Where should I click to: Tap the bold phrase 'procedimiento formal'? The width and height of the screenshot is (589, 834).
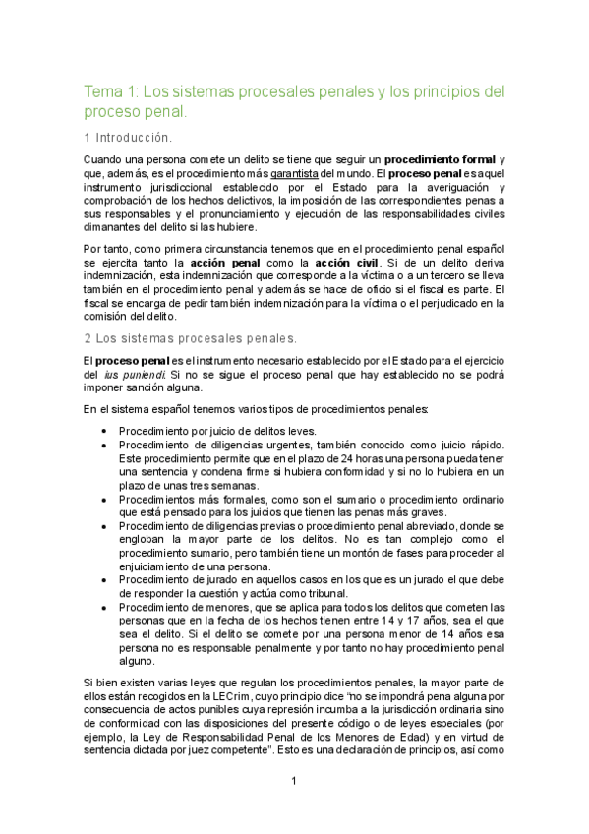point(440,159)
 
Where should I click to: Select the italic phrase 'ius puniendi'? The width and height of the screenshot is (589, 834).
point(138,375)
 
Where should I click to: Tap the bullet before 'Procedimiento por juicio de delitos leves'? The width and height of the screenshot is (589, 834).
point(105,431)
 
